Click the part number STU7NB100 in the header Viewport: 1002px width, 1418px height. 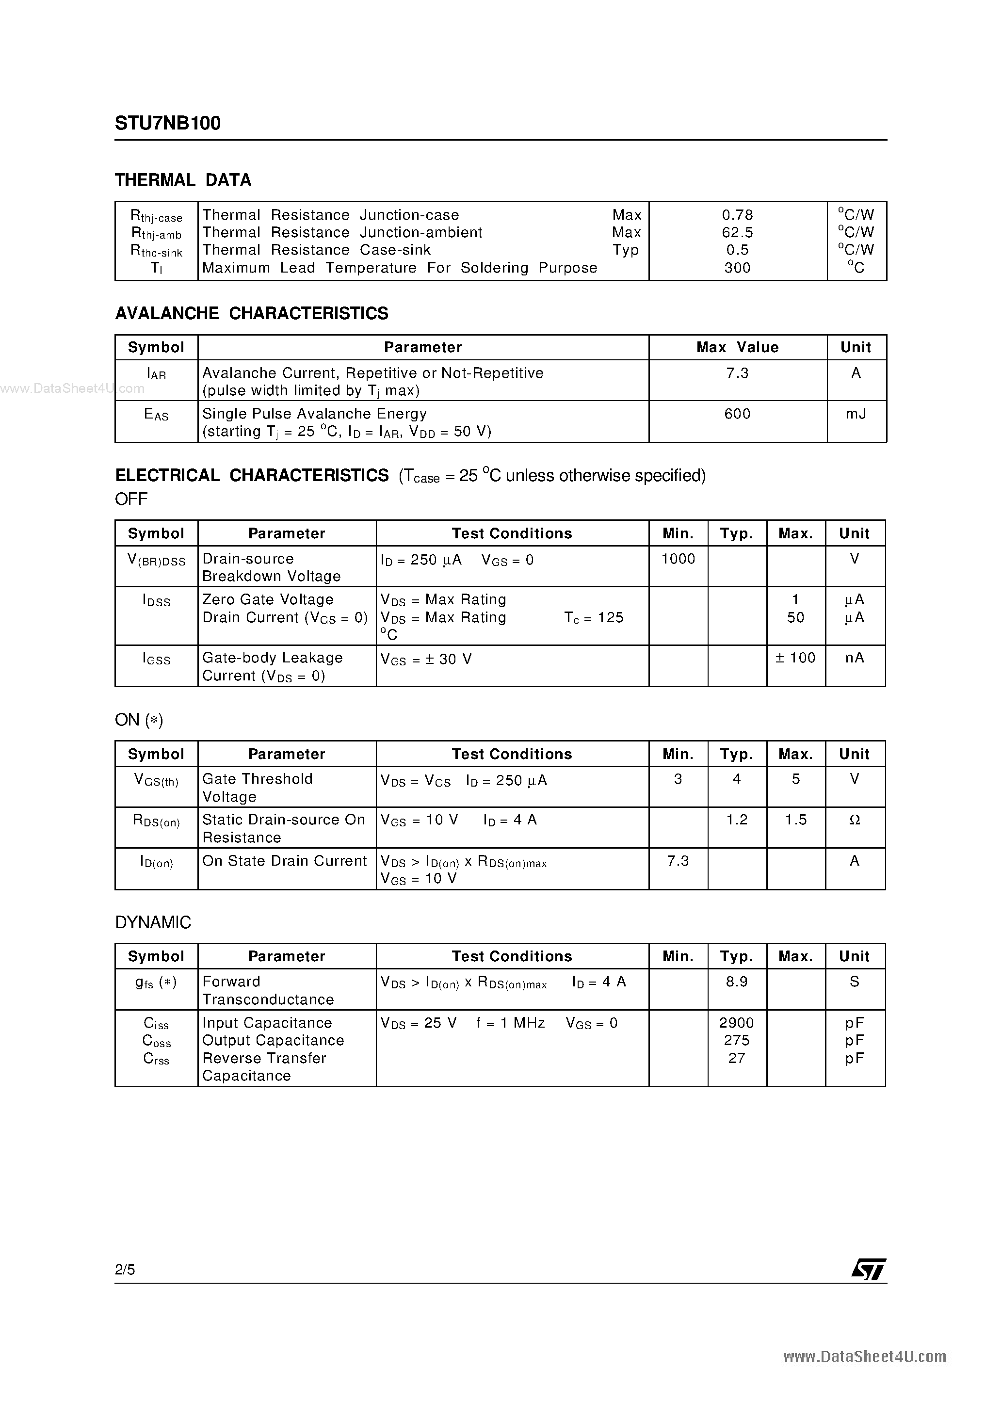click(167, 124)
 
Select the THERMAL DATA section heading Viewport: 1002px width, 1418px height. click(183, 180)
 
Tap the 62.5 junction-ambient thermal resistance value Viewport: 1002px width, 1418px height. click(737, 233)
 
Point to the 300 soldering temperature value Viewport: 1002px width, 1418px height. click(737, 268)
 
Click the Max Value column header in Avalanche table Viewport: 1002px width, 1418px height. click(737, 347)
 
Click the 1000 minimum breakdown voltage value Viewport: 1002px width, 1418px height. click(678, 559)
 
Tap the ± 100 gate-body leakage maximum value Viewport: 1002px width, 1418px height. click(795, 659)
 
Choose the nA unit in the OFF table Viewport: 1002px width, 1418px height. click(855, 659)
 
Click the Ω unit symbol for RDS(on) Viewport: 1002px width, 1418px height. click(855, 820)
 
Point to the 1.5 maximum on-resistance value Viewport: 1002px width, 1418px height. click(795, 820)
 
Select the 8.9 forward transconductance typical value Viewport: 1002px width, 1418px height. click(736, 982)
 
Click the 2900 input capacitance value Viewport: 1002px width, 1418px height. click(736, 1023)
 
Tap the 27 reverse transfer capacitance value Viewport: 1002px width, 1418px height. click(736, 1058)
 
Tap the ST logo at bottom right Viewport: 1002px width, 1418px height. click(868, 1269)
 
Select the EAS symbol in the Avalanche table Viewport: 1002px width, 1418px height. click(156, 415)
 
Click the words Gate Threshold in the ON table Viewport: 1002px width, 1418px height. click(257, 779)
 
